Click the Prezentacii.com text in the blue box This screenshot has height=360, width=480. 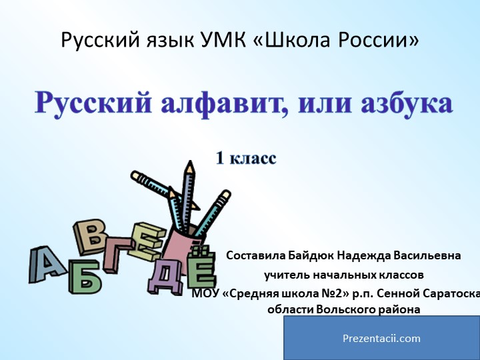coord(381,338)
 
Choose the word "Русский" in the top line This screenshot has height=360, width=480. coord(100,41)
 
